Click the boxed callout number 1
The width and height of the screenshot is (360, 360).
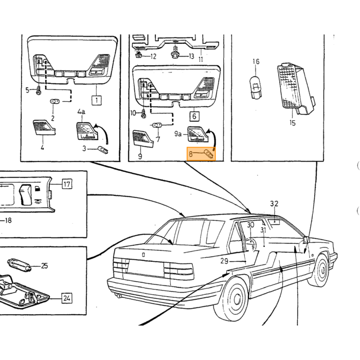[97, 100]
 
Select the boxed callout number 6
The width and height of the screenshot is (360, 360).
[194, 116]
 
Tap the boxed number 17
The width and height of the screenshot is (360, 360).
[67, 184]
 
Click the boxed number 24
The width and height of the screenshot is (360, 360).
[66, 298]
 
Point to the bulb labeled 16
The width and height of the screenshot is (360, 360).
[255, 88]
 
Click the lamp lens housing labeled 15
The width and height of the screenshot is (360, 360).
[296, 88]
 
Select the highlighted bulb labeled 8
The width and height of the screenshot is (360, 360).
[209, 154]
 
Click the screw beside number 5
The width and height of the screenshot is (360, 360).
[39, 91]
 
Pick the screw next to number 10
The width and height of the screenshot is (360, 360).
[143, 114]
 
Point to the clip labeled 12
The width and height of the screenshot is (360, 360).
[138, 55]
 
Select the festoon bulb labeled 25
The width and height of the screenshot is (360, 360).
[20, 265]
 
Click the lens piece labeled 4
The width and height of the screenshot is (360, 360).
[44, 127]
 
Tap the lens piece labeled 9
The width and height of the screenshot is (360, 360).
[143, 139]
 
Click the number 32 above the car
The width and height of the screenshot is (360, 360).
[274, 204]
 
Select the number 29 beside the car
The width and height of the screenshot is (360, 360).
[224, 261]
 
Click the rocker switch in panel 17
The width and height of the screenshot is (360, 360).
[25, 194]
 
